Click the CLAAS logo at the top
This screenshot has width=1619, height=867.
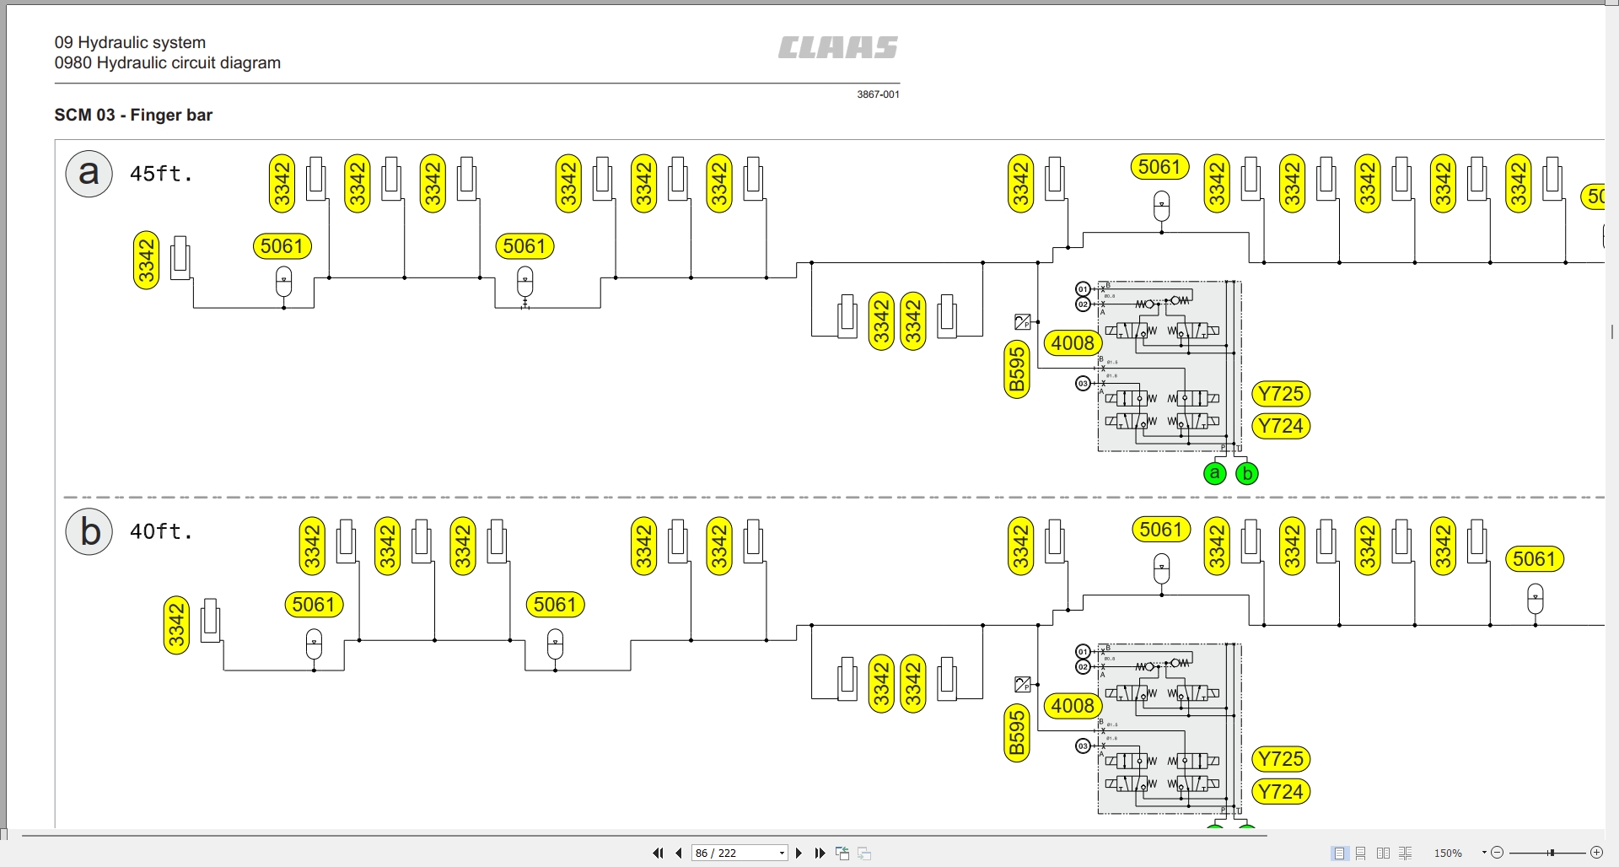pyautogui.click(x=837, y=47)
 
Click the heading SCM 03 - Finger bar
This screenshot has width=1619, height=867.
pyautogui.click(x=133, y=115)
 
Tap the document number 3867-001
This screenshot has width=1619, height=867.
pyautogui.click(x=878, y=94)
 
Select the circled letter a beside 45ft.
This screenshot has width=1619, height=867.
pyautogui.click(x=89, y=174)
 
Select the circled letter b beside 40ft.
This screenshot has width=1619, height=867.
pyautogui.click(x=89, y=532)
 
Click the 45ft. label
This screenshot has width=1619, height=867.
pyautogui.click(x=161, y=174)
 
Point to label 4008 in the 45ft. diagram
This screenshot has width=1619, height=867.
pyautogui.click(x=1072, y=343)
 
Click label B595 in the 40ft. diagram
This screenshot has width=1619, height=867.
pyautogui.click(x=1017, y=732)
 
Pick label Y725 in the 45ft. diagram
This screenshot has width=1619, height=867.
pyautogui.click(x=1281, y=394)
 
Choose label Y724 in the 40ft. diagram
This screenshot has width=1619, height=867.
pyautogui.click(x=1281, y=791)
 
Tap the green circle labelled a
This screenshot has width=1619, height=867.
pyautogui.click(x=1214, y=473)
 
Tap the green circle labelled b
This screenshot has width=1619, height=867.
pyautogui.click(x=1246, y=473)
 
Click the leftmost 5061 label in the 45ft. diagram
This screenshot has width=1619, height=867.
pyautogui.click(x=282, y=246)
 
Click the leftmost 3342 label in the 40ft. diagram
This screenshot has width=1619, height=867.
pyautogui.click(x=176, y=625)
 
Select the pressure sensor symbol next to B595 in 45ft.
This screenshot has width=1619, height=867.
pyautogui.click(x=1022, y=321)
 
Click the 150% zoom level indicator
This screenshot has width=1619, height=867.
pyautogui.click(x=1448, y=853)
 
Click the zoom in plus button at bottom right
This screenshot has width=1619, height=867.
pyautogui.click(x=1595, y=853)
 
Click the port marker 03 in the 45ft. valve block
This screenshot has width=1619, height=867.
pyautogui.click(x=1083, y=383)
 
